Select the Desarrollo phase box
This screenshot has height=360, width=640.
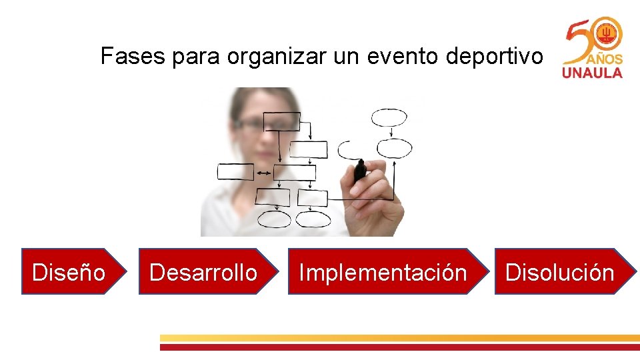coord(203,272)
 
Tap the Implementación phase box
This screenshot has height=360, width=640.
coord(383,272)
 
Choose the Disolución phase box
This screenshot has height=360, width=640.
coord(559,272)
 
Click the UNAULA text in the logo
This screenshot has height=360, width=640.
coord(592,73)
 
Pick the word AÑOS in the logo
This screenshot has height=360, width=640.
coord(605,58)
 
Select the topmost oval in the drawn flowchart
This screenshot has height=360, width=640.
coord(389,118)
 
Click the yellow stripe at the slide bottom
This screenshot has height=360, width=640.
coord(400,338)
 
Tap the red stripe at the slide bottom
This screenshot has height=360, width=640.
coord(400,347)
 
